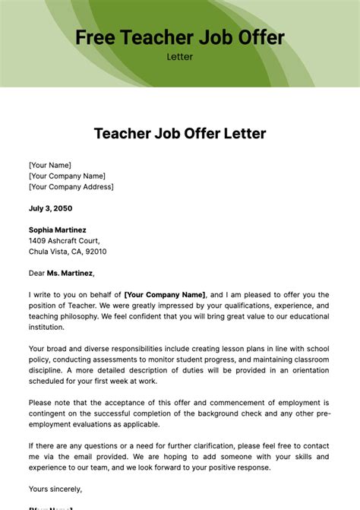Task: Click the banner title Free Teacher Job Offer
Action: [179, 37]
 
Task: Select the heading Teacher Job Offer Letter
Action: [180, 134]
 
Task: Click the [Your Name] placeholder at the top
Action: [50, 164]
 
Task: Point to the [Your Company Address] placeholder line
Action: [71, 186]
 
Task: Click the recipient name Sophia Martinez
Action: [58, 230]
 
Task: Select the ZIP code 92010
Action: [95, 252]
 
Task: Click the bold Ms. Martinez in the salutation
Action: [71, 273]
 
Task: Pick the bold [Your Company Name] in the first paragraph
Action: [165, 295]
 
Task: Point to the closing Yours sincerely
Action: [55, 489]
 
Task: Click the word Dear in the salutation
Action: [37, 273]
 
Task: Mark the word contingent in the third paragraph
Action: [49, 413]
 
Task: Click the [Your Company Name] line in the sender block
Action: [67, 176]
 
